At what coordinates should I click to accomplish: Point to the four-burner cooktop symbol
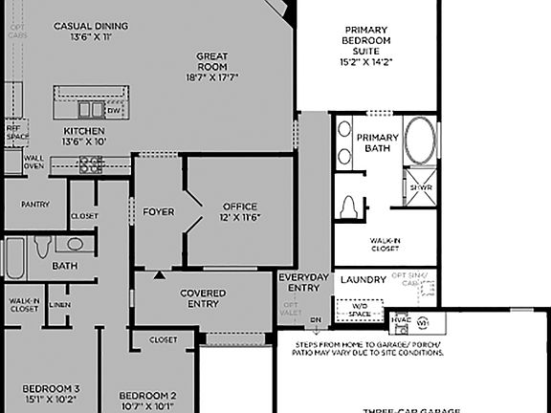92,164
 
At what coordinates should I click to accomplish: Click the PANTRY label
35,204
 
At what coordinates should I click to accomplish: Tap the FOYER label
158,211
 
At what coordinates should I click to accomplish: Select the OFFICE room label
240,211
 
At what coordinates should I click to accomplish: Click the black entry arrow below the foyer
160,275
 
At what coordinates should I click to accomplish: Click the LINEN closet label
59,305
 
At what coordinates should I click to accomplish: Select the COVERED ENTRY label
203,299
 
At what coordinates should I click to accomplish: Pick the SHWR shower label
421,187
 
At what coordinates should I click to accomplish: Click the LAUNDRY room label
364,280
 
